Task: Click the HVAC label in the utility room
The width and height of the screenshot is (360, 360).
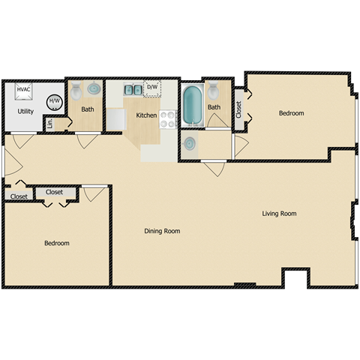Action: [22, 90]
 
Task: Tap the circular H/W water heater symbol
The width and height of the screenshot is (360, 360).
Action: [55, 102]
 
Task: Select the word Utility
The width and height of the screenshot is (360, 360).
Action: [25, 111]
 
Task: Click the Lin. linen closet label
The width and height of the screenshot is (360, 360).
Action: [49, 124]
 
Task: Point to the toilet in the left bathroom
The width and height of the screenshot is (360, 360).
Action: [76, 92]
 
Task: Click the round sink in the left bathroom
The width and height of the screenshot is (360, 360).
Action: [94, 89]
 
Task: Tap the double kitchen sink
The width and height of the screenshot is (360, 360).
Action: [133, 90]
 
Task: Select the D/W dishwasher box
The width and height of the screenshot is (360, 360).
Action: [152, 88]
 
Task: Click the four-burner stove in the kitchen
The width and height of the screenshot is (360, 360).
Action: [167, 118]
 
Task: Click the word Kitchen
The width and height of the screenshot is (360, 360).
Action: [145, 115]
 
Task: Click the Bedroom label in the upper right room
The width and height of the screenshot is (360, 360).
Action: [291, 113]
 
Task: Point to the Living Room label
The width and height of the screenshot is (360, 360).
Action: [279, 214]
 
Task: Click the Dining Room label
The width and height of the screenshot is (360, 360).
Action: [162, 231]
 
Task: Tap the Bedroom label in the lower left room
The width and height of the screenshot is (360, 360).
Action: [56, 243]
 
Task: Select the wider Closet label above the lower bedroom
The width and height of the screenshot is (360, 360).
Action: [55, 192]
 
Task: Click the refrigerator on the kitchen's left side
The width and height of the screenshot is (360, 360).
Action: [115, 120]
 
